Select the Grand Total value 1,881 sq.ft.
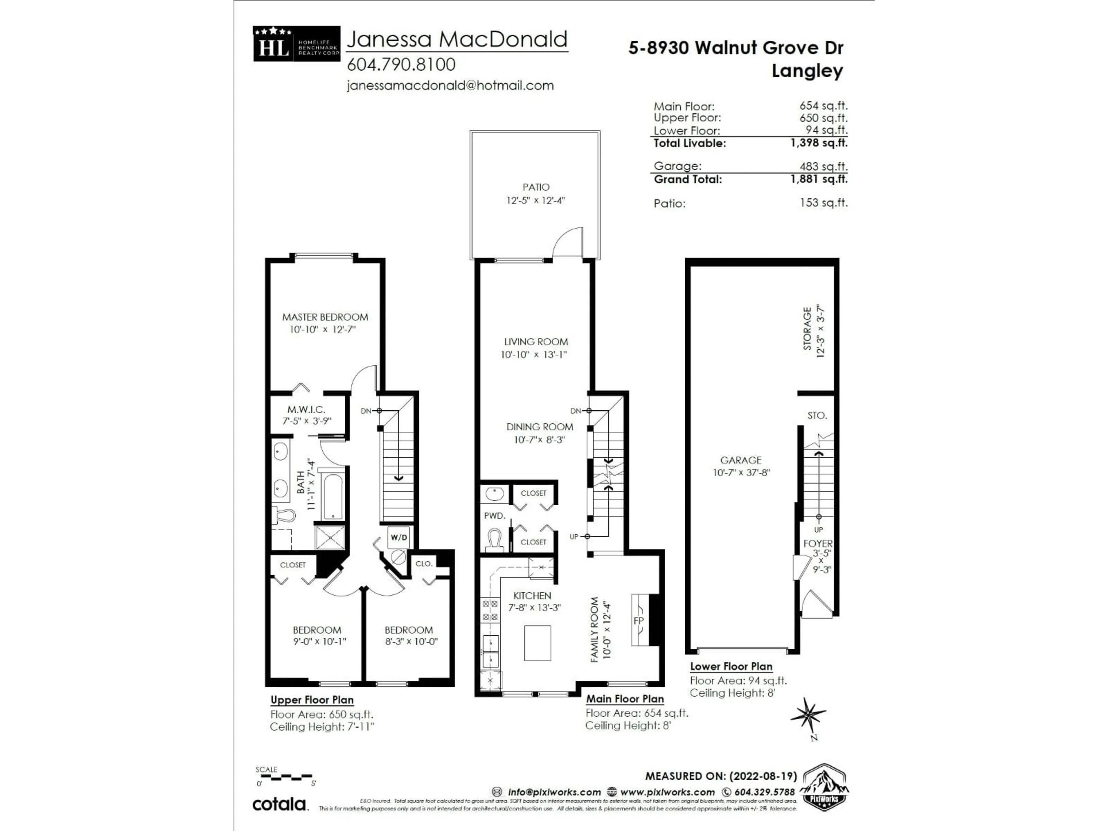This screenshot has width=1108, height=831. pyautogui.click(x=819, y=179)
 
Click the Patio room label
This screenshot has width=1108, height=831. pyautogui.click(x=536, y=187)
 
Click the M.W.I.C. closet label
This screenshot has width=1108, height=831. pyautogui.click(x=306, y=409)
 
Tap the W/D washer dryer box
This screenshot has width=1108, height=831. pyautogui.click(x=399, y=538)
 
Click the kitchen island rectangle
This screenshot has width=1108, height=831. pyautogui.click(x=538, y=643)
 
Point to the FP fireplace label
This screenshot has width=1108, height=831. pyautogui.click(x=639, y=621)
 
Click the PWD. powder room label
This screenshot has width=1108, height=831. pyautogui.click(x=494, y=515)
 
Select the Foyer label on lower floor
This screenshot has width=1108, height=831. pyautogui.click(x=817, y=544)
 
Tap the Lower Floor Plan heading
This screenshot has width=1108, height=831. pyautogui.click(x=731, y=666)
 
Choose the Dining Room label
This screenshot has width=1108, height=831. pyautogui.click(x=540, y=427)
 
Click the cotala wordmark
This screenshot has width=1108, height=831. pyautogui.click(x=280, y=804)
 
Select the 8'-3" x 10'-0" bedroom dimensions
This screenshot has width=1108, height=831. pyautogui.click(x=411, y=641)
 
